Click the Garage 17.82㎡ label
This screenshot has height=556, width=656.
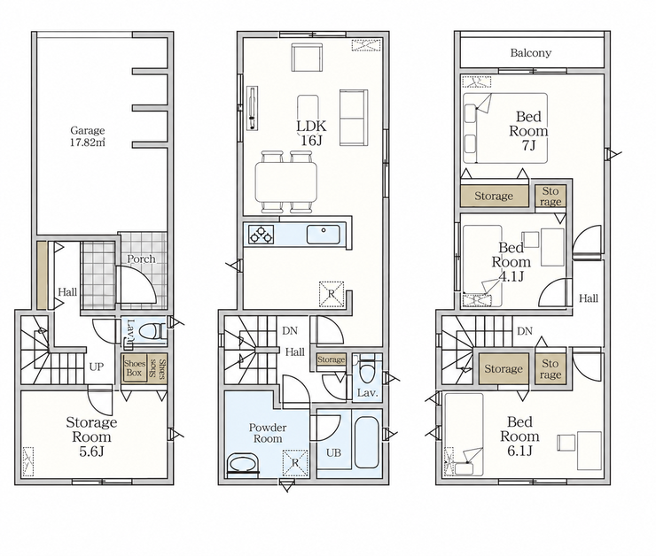88,136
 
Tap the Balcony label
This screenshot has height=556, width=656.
530,53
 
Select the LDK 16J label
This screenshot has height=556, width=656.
311,133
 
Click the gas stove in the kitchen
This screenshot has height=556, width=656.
261,234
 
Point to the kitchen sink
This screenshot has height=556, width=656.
324,234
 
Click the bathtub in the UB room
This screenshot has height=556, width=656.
366,442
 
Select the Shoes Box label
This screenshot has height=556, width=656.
134,368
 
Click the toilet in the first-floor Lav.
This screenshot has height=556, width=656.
150,333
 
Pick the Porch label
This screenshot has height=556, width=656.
142,259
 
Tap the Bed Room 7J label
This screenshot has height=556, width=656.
528,131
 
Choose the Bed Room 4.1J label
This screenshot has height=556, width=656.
511,262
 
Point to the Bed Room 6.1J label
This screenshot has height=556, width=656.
519,436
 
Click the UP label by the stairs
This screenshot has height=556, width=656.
97,367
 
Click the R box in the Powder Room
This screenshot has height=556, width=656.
295,463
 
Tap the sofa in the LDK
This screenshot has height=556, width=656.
354,118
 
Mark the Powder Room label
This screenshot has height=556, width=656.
268,433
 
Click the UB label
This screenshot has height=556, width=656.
333,452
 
